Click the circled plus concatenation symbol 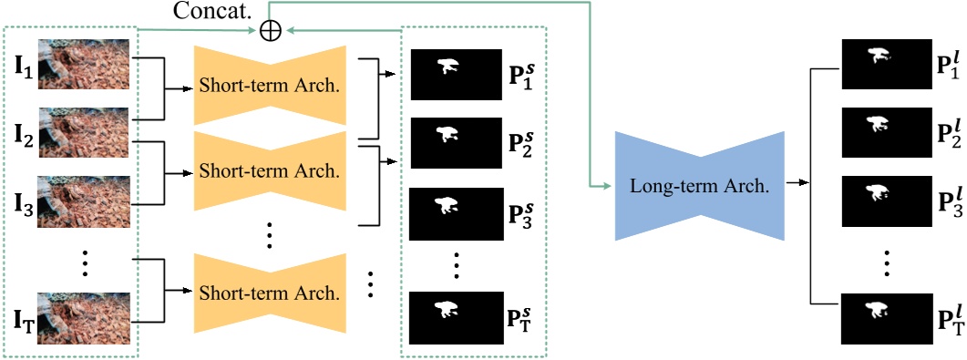tap(270, 30)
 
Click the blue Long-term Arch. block tap(700, 186)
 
